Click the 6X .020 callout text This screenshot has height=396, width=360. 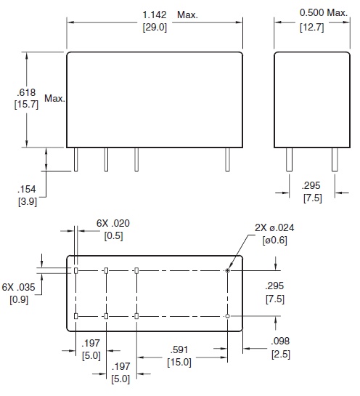[112, 224]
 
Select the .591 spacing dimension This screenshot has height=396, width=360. [181, 348]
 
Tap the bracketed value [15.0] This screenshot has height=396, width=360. [181, 360]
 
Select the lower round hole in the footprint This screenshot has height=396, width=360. [228, 316]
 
